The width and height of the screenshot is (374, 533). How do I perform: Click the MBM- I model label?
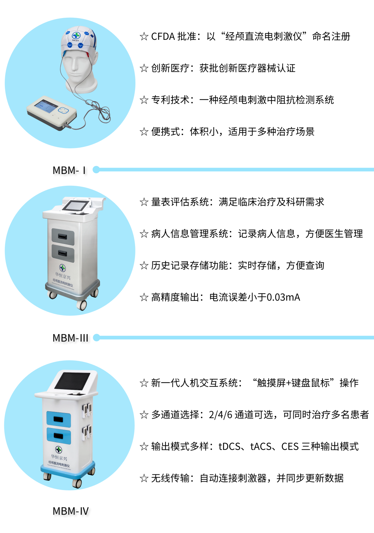pos(69,170)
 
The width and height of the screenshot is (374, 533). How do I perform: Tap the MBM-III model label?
pos(70,338)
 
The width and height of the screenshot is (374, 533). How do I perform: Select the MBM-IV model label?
pos(71,511)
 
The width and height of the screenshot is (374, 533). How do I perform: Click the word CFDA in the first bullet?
pos(163,36)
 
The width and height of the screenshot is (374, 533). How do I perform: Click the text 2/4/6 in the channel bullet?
pos(220,415)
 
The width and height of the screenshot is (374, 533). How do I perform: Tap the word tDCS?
pos(229,446)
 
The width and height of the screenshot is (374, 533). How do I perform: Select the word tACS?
pos(261,446)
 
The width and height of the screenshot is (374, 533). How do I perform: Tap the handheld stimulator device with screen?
pos(52,112)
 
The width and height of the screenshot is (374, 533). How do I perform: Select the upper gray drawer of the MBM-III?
pos(63,237)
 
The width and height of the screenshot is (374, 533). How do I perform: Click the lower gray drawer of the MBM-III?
pos(63,254)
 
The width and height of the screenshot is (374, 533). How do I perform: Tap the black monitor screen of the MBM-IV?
pos(72,381)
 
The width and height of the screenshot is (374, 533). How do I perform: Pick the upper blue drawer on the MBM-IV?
pos(59,419)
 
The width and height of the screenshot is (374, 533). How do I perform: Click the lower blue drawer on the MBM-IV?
pos(59,436)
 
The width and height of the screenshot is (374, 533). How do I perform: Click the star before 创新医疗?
pos(144,68)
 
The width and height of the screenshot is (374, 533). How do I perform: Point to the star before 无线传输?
pos(144,478)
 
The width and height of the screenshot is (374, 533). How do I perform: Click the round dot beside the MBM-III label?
pos(97,338)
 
